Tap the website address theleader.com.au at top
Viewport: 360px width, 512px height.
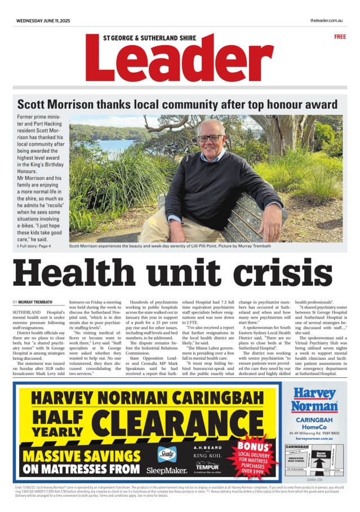pos(326,21)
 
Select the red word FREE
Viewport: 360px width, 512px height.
pos(340,37)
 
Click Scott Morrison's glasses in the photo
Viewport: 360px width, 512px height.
pos(210,138)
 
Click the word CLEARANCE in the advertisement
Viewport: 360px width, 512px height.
pos(186,420)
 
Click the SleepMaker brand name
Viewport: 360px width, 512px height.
pos(167,470)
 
